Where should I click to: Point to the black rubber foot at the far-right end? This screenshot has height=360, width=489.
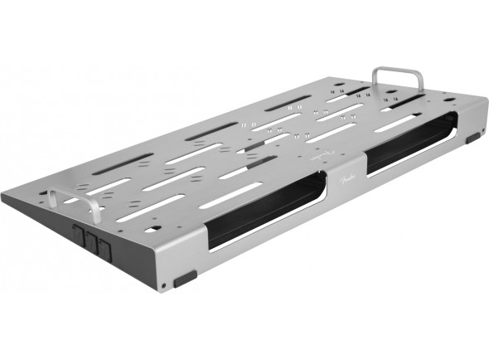[473, 138]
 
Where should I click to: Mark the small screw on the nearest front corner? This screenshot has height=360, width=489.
[165, 285]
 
